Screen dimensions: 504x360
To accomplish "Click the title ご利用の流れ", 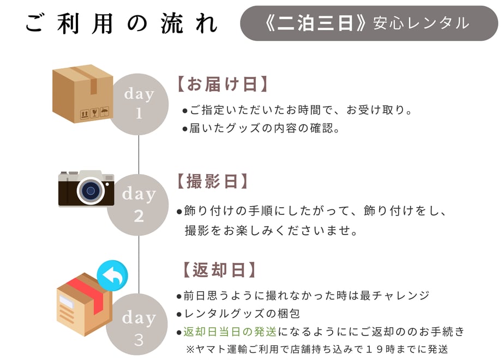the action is point(122,23).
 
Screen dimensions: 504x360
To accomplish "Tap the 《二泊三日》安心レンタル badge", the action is point(369,23).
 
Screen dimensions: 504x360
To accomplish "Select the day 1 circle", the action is point(138,104).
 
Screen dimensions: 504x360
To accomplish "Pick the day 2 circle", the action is point(138,205).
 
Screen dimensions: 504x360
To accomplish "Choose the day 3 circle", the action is point(137,324).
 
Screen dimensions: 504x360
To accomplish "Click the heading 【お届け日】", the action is point(223,84).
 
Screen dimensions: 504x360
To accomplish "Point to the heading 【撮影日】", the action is point(213,181).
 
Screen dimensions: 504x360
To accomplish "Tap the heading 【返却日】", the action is point(219,269).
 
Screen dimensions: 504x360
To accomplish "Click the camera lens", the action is point(91,190).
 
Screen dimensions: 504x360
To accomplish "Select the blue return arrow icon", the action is point(112,276).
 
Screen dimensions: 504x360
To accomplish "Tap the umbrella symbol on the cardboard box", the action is point(105,111).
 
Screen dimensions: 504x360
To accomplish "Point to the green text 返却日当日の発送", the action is point(230,332).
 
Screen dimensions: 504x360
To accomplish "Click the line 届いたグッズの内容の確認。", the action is point(261,128).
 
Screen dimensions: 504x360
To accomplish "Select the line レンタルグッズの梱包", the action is point(238,314).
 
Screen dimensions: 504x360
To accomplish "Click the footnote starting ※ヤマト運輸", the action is point(317,349).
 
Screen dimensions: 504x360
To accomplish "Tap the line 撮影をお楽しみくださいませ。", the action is point(271,231).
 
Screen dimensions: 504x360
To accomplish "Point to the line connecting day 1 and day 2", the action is point(139,154).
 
